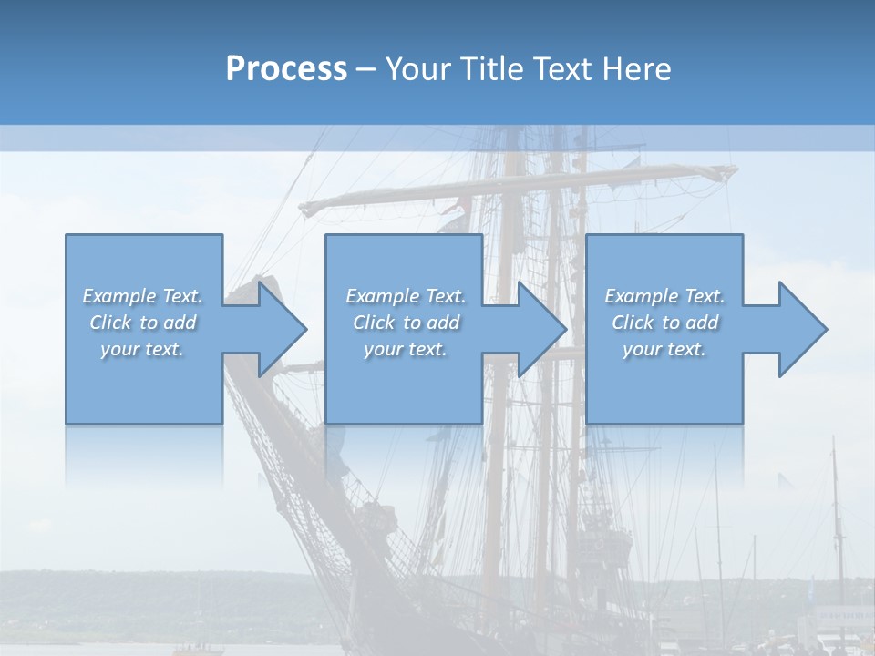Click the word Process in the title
(x=286, y=69)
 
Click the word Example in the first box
(x=119, y=296)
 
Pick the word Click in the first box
(x=110, y=323)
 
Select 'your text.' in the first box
(x=142, y=349)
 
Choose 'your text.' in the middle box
(x=406, y=349)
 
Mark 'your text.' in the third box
(x=664, y=349)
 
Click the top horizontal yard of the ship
(x=520, y=188)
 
